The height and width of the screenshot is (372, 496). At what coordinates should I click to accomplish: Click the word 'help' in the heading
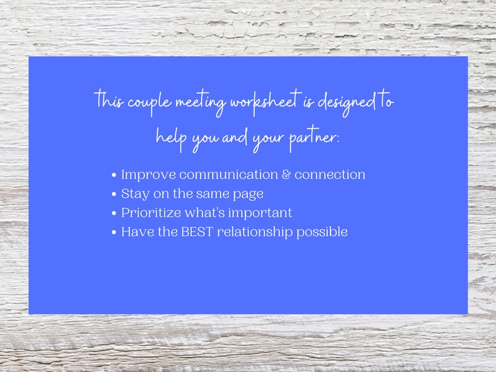click(x=171, y=137)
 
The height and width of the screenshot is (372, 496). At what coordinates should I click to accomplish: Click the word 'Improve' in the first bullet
click(x=148, y=175)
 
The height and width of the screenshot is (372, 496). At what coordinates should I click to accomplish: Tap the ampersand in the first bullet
click(x=286, y=175)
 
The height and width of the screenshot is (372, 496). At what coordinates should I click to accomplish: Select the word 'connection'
click(x=330, y=175)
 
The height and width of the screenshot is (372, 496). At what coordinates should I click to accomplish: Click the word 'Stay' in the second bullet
click(x=135, y=194)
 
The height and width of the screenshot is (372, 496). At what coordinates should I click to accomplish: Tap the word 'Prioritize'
click(x=151, y=213)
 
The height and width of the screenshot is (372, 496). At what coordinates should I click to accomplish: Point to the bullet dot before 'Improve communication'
click(x=114, y=175)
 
